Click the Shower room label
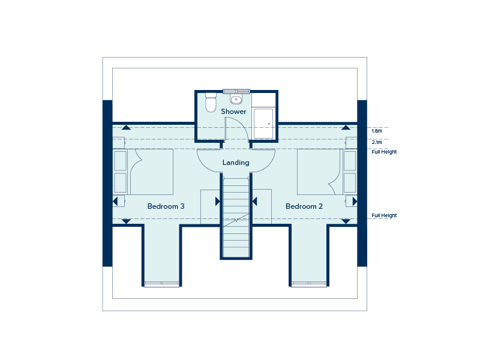click(x=233, y=112)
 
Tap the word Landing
click(x=235, y=163)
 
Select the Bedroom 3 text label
click(x=166, y=206)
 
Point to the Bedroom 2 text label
click(x=304, y=206)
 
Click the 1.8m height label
click(x=376, y=130)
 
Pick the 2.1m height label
click(x=376, y=142)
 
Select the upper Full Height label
click(x=384, y=152)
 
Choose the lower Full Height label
click(x=384, y=215)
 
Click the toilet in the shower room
click(x=210, y=103)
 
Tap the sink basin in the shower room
click(x=236, y=100)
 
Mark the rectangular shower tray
click(x=263, y=124)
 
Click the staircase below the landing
click(x=235, y=216)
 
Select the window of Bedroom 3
click(x=162, y=284)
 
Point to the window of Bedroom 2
click(x=310, y=284)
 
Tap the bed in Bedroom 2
click(x=320, y=172)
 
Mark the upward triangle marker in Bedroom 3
click(x=126, y=127)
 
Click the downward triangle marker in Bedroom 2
click(x=346, y=221)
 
